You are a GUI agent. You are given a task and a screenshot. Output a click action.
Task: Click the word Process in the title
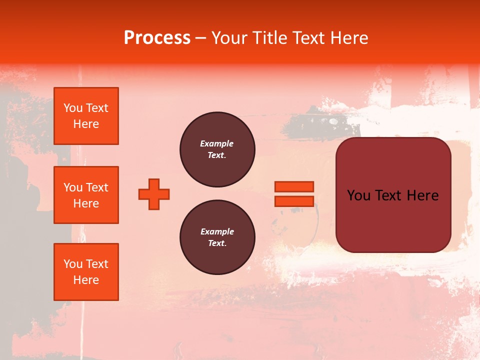pos(157,38)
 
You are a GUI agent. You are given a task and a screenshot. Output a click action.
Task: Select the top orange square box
pos(86,116)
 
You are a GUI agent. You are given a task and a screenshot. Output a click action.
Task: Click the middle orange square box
pos(86,195)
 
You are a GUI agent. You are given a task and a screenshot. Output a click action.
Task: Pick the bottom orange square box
pos(86,271)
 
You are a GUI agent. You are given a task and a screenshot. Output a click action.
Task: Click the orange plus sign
pos(154,194)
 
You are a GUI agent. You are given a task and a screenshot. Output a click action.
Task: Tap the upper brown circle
pos(217,149)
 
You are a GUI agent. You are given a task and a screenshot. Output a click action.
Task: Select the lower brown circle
pos(217,237)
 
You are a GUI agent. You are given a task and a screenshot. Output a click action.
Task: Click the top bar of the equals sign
pos(294,186)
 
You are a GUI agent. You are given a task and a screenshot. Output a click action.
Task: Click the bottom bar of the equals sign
pos(294,201)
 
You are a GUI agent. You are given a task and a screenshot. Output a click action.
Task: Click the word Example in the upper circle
pos(217,144)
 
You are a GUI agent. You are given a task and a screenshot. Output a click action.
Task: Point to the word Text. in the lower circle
pos(217,243)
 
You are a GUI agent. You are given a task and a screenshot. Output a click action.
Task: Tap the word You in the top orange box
pos(73,108)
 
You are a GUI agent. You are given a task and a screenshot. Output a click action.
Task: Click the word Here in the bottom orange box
pos(86,280)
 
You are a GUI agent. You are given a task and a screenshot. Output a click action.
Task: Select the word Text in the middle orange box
pos(97,187)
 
